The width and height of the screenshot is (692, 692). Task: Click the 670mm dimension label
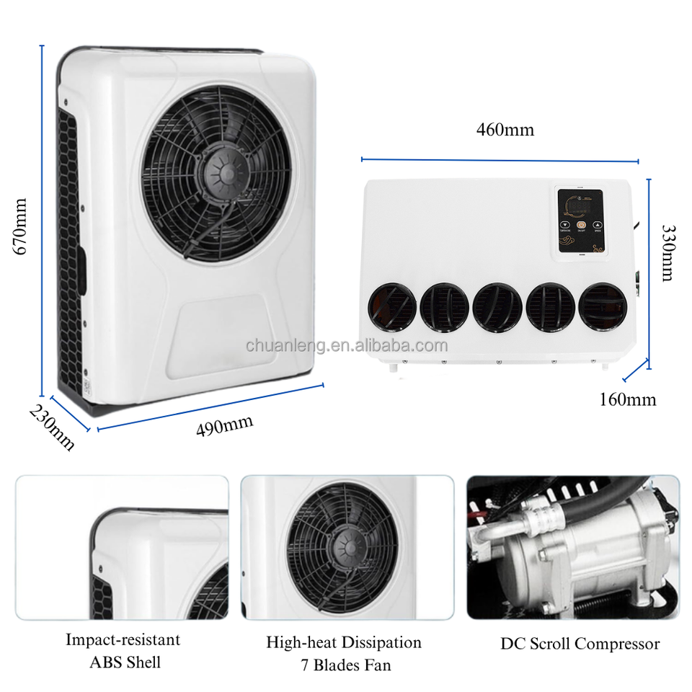coord(21,226)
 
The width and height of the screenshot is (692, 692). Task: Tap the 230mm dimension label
coord(51,427)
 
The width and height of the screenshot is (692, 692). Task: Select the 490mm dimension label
coord(225,425)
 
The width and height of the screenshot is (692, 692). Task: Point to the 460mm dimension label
coord(505,130)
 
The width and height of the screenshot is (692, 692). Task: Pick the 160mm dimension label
coord(628,399)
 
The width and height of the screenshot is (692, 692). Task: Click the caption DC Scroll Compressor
coord(580,644)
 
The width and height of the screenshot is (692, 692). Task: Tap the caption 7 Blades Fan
coord(344,665)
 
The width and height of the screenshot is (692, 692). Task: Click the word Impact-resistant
coord(123,639)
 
